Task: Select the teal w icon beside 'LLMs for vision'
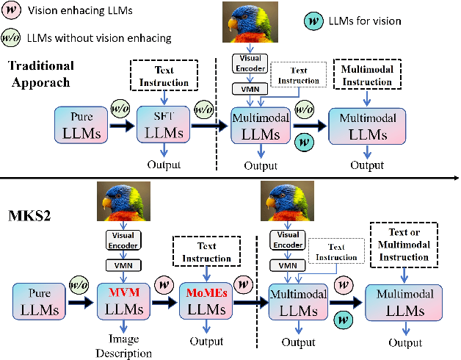pos(313,20)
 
